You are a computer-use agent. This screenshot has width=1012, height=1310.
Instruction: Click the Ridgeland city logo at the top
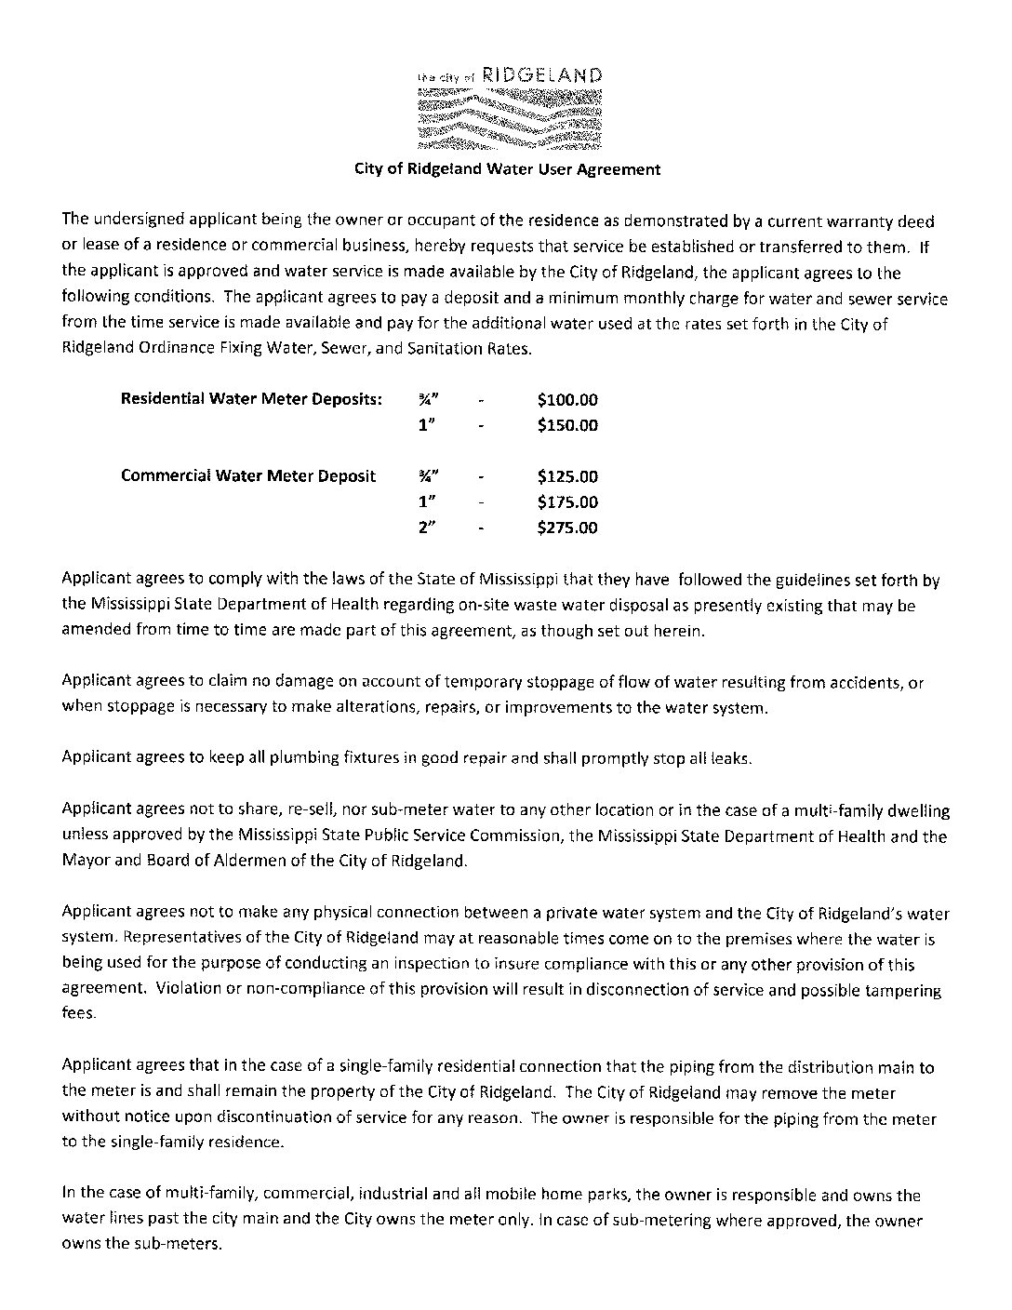[x=509, y=108]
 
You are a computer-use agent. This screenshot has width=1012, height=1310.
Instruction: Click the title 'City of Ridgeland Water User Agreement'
[x=508, y=169]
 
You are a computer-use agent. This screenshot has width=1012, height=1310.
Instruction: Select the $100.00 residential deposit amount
[x=567, y=400]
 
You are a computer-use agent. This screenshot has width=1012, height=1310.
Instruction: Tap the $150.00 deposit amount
[x=567, y=425]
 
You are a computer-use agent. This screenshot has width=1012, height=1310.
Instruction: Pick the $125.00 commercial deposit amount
[x=567, y=476]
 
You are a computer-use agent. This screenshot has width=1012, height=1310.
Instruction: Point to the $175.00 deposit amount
[x=567, y=502]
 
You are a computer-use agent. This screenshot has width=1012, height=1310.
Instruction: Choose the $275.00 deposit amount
[x=567, y=528]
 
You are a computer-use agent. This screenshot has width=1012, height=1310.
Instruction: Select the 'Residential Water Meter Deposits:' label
[x=251, y=400]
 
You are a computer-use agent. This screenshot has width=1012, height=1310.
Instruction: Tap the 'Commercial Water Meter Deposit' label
[x=248, y=476]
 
